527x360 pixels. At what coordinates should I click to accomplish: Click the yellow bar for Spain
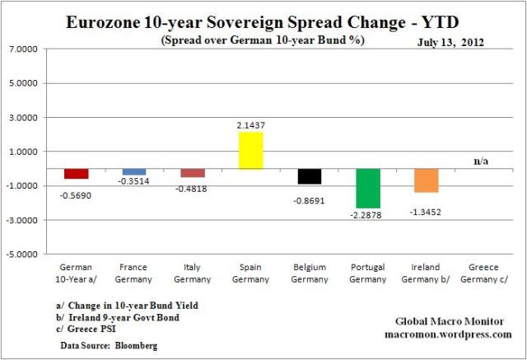[x=251, y=150]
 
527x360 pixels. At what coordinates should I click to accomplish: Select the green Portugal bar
[x=367, y=189]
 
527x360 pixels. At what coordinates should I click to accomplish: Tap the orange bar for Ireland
[x=426, y=180]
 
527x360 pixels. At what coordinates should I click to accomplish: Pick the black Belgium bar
[x=310, y=176]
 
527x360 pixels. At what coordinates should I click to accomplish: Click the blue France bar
[x=134, y=171]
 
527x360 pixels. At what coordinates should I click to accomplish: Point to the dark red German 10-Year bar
[x=77, y=174]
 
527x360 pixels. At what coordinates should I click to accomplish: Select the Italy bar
[x=193, y=173]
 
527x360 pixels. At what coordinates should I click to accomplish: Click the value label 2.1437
[x=251, y=125]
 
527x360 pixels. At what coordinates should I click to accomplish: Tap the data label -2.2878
[x=367, y=216]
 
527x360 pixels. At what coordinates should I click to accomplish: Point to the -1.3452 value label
[x=426, y=211]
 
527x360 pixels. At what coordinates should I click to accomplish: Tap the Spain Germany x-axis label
[x=251, y=273]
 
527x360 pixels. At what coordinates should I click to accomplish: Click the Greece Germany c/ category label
[x=483, y=273]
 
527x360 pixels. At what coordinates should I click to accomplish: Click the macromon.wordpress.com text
[x=448, y=334]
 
